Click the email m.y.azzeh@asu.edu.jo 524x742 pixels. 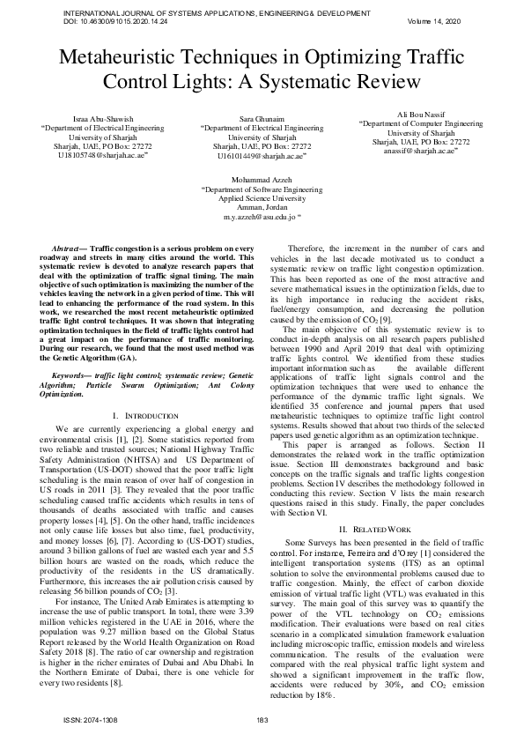click(x=260, y=215)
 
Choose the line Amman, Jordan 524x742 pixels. click(x=261, y=206)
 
